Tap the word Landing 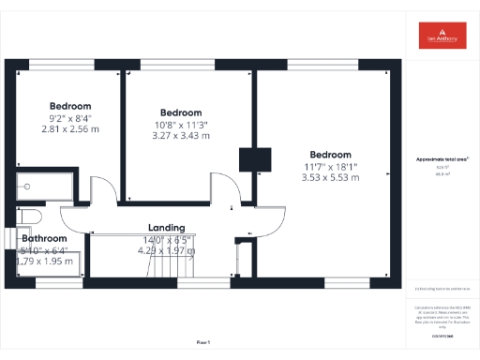tap(166, 228)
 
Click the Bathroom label tap(43, 238)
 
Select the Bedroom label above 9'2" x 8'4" tap(70, 106)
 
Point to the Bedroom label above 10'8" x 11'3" tap(182, 112)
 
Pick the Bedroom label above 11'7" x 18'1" tap(330, 155)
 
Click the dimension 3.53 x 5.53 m tap(330, 177)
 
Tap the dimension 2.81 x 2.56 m tap(70, 128)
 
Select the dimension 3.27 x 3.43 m tap(182, 135)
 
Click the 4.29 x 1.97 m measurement tap(166, 250)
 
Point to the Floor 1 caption tap(203, 342)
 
